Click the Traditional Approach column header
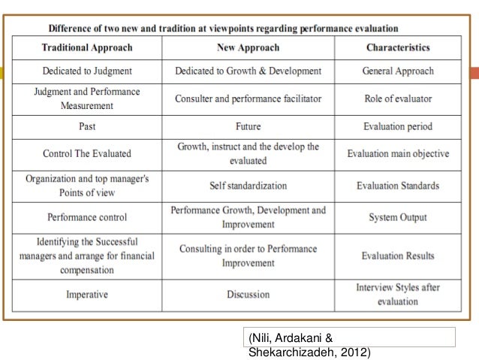click(86, 47)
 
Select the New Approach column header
click(248, 47)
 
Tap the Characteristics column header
click(398, 47)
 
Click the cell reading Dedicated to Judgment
click(86, 71)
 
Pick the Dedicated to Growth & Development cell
click(248, 71)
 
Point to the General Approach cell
click(398, 71)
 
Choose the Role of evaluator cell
click(398, 98)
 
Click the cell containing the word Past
click(86, 126)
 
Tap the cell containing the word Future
click(248, 126)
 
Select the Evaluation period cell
click(398, 126)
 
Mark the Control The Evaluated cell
click(86, 153)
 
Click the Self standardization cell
click(248, 186)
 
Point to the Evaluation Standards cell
click(398, 186)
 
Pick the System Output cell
click(398, 217)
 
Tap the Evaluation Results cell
click(398, 256)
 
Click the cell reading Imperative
click(86, 294)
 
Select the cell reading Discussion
click(248, 294)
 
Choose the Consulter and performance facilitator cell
click(248, 98)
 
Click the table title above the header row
click(223, 29)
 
